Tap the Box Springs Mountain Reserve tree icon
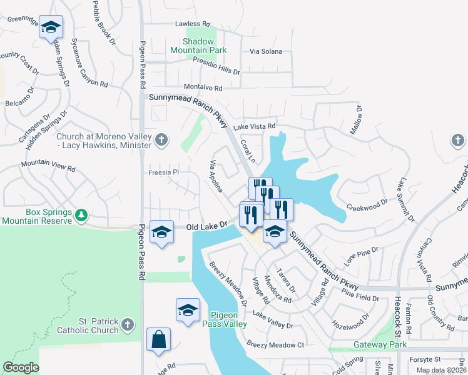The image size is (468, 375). [x=81, y=216]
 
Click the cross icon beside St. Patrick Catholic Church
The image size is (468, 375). [x=128, y=324]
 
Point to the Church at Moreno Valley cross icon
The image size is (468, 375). [x=161, y=139]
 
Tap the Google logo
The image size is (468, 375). [x=21, y=367]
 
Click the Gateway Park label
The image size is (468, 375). [x=380, y=344]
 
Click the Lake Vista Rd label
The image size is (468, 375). [x=255, y=126]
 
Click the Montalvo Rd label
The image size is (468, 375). [x=203, y=88]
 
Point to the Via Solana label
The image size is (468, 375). [x=266, y=51]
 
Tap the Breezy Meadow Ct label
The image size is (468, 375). [x=275, y=344]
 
